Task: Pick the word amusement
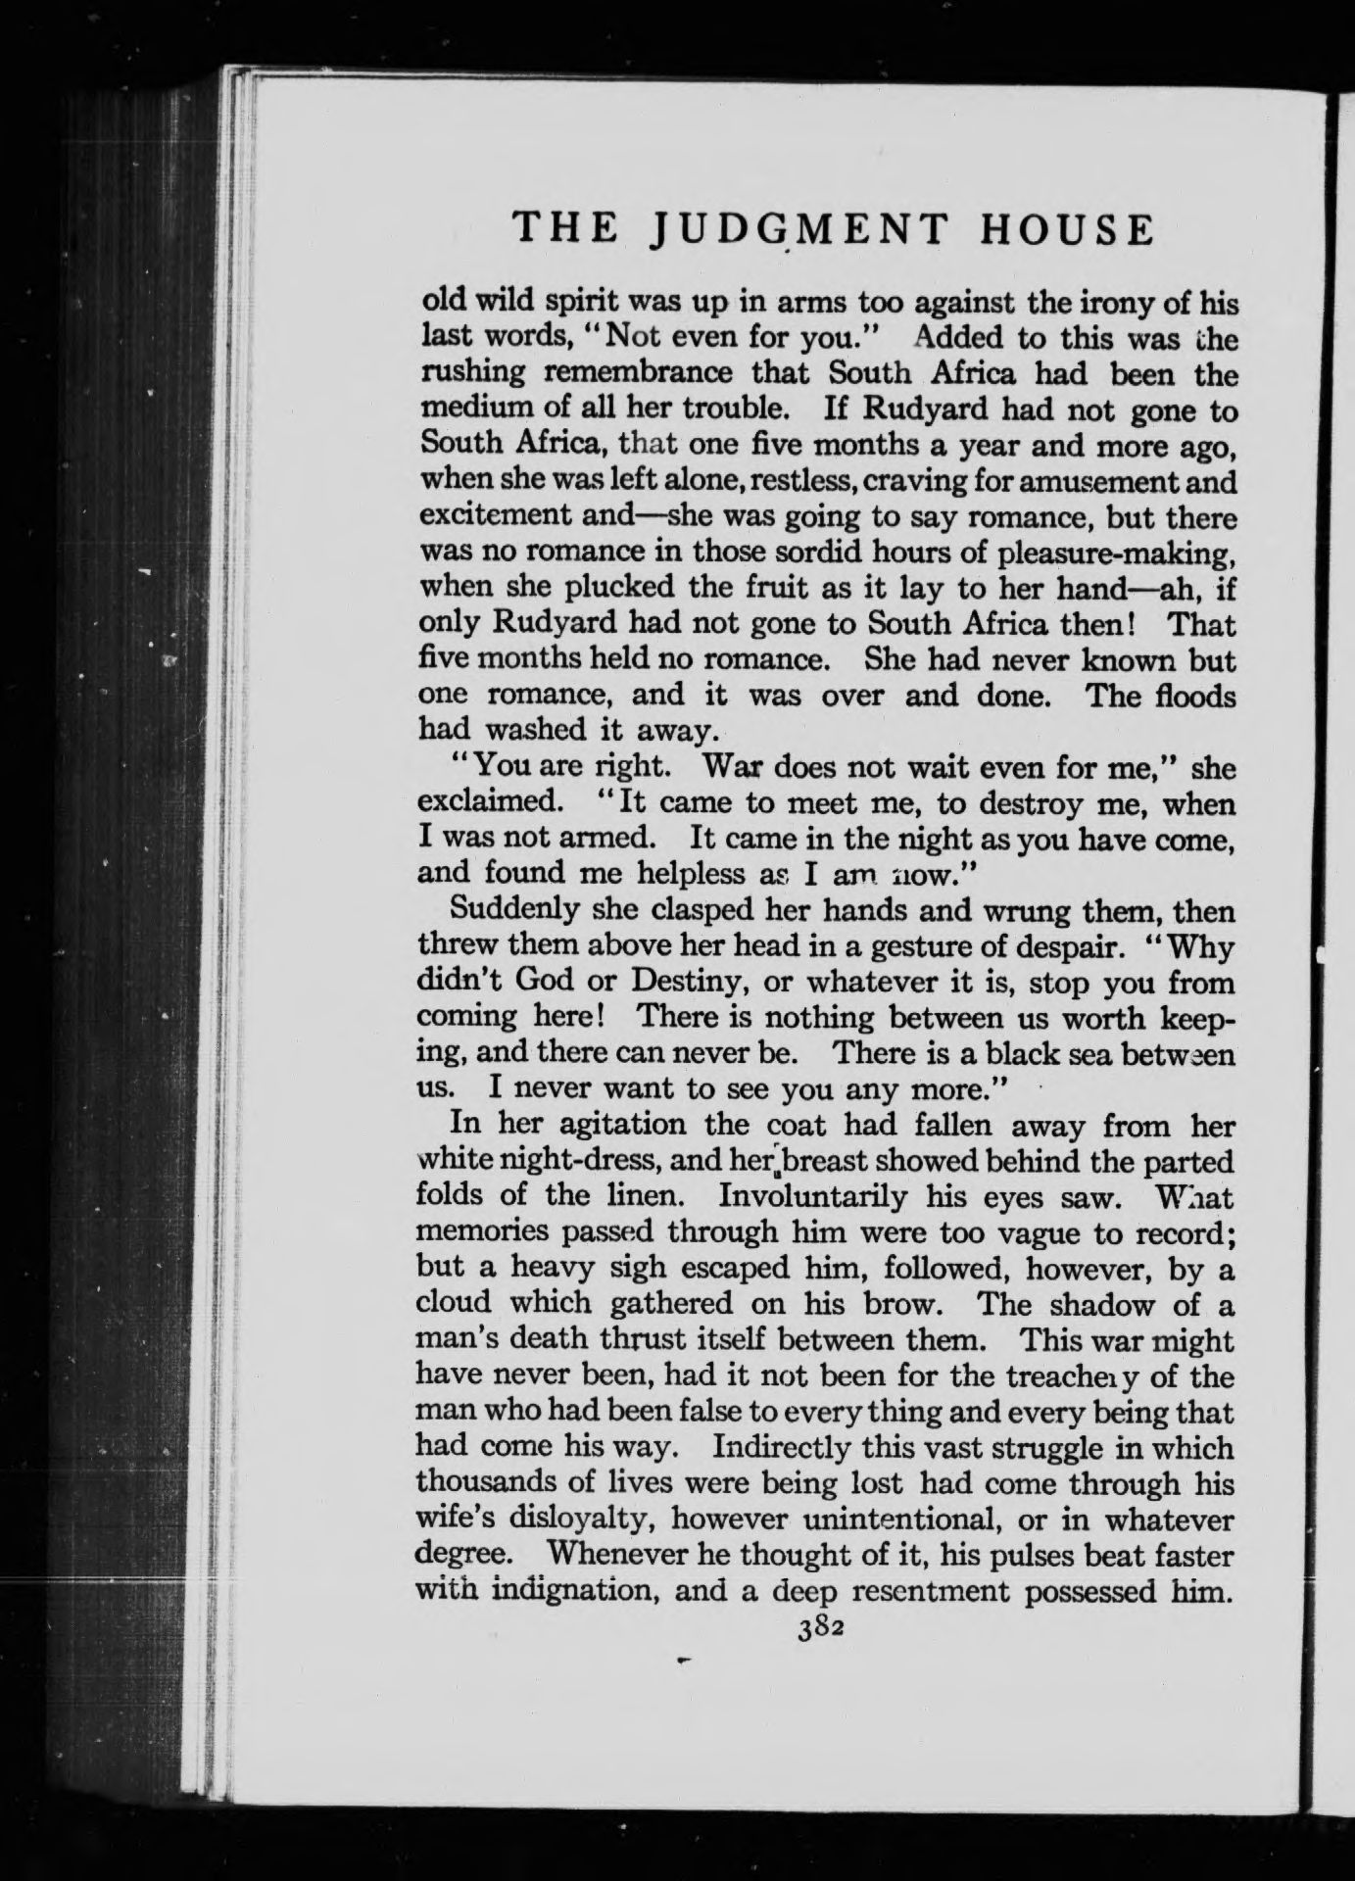pos(1078,483)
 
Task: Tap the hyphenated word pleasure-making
pos(1114,555)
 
